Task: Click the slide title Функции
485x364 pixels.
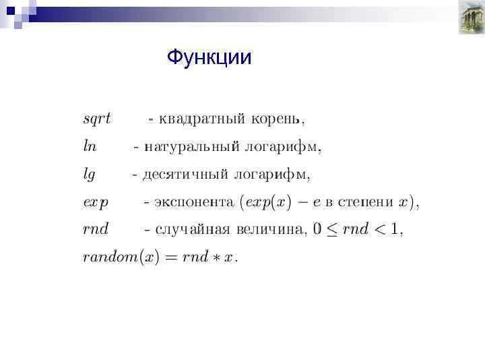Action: (x=209, y=58)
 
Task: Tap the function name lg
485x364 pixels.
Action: (x=89, y=175)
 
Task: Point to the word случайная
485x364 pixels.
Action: (x=193, y=229)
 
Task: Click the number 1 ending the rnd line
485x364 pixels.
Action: (x=396, y=229)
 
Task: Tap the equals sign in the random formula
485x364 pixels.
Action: (x=169, y=257)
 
